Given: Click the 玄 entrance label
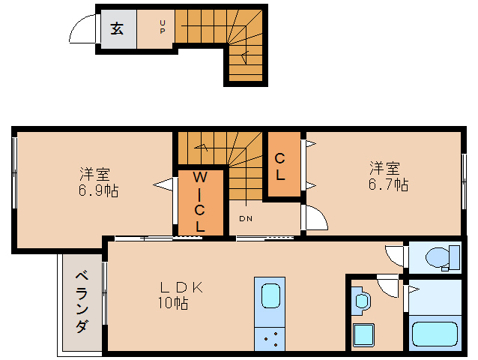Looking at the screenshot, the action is (x=117, y=28).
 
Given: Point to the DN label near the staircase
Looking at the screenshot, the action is (x=246, y=218).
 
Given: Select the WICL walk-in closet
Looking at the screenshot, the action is (x=201, y=202).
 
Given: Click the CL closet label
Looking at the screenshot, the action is (x=279, y=166).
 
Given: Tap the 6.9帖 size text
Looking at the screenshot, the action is (x=98, y=190).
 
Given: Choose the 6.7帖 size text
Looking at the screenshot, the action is (x=388, y=184).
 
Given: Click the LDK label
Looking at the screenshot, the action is (x=181, y=287).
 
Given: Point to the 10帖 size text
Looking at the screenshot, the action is (x=173, y=302).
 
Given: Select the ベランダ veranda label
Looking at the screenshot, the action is (x=82, y=301).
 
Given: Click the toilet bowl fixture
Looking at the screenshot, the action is (x=443, y=258).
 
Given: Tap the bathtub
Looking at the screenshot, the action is (x=435, y=334).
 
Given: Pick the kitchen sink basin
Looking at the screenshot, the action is (x=270, y=296).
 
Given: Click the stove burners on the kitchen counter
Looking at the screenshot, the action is (x=270, y=339).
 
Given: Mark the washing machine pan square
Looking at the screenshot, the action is (x=363, y=334).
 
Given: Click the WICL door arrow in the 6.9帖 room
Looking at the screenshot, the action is (x=163, y=184).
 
